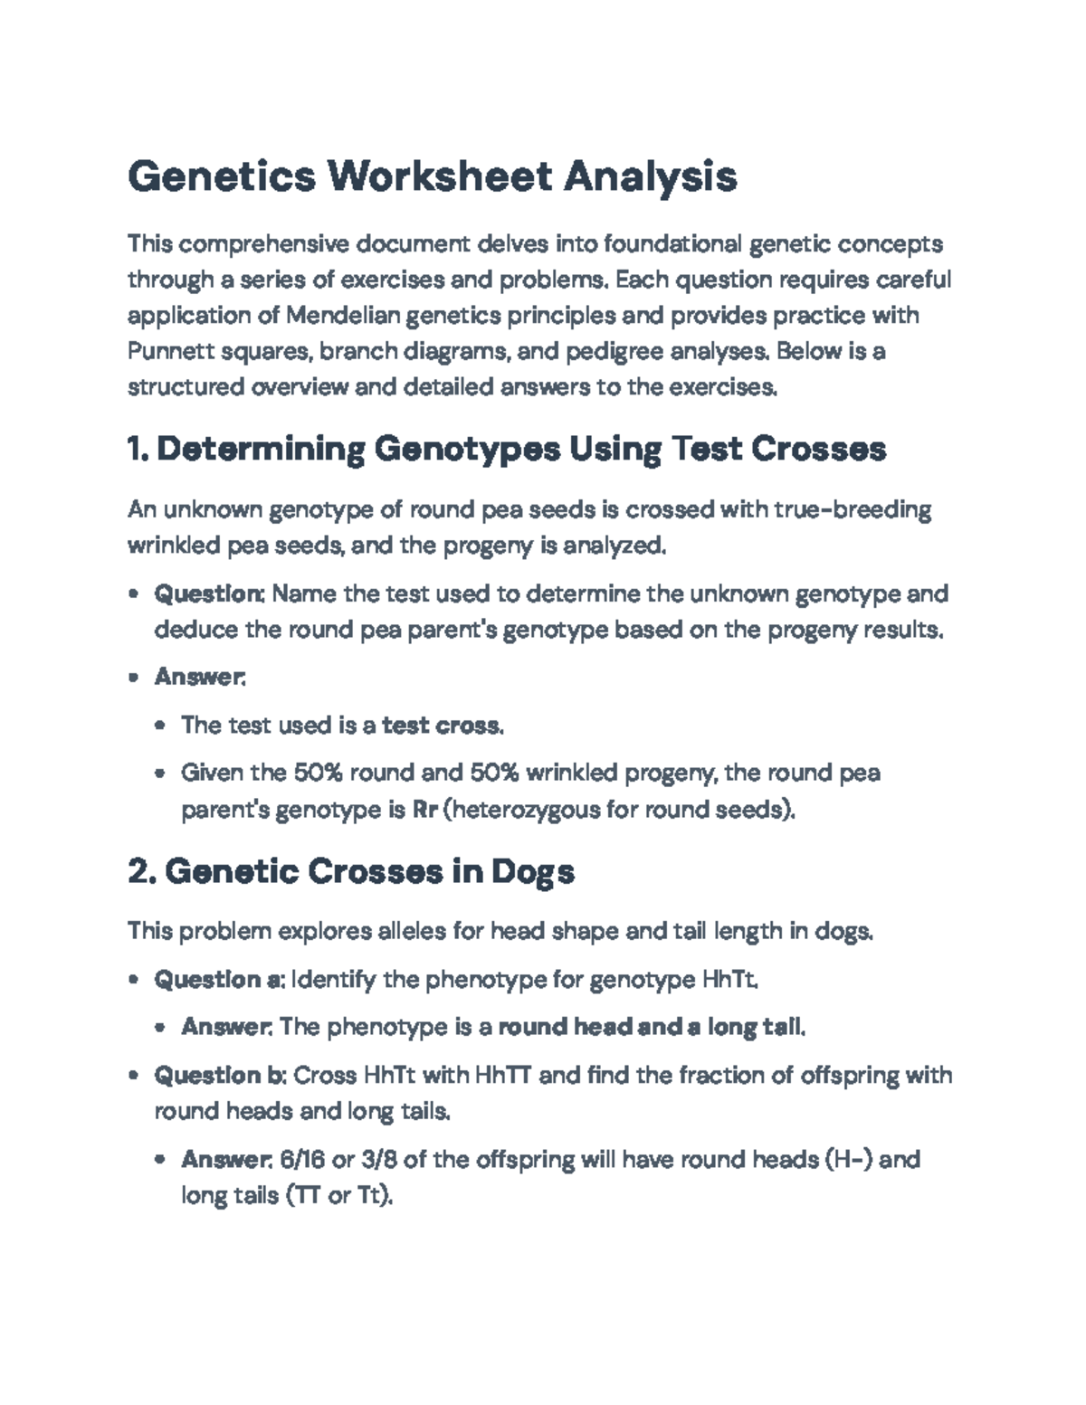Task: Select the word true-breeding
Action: point(853,510)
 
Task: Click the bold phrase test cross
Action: point(442,726)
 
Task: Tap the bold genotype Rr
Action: point(424,809)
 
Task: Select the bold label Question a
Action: point(219,980)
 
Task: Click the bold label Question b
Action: point(220,1076)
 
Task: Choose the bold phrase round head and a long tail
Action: point(651,1028)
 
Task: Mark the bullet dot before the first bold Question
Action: point(134,595)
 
